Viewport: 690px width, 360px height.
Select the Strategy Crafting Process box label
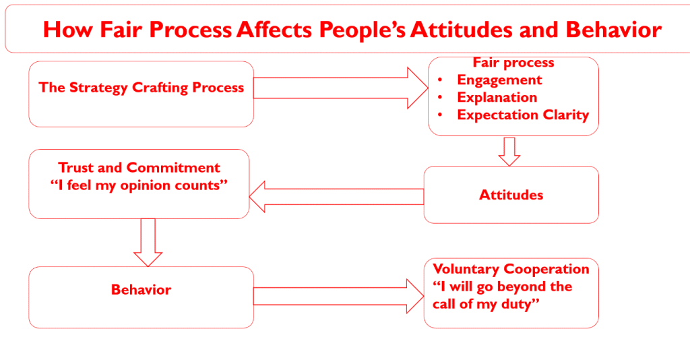coord(142,88)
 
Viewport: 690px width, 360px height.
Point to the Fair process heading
coord(513,63)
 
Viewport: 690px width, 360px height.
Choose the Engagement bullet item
coord(499,80)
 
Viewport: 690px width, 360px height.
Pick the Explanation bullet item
coord(497,97)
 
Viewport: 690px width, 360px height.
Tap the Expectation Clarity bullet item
coord(523,115)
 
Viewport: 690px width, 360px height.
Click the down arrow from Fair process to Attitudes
coord(509,151)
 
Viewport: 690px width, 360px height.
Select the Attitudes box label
coord(511,195)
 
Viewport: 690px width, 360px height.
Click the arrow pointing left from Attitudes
coord(337,195)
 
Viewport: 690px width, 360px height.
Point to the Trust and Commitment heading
coord(139,168)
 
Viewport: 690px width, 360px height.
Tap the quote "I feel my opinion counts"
coord(139,185)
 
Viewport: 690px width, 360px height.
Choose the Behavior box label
coord(141,290)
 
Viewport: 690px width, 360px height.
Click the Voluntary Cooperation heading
coord(511,269)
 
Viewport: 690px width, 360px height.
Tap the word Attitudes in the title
coord(472,30)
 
